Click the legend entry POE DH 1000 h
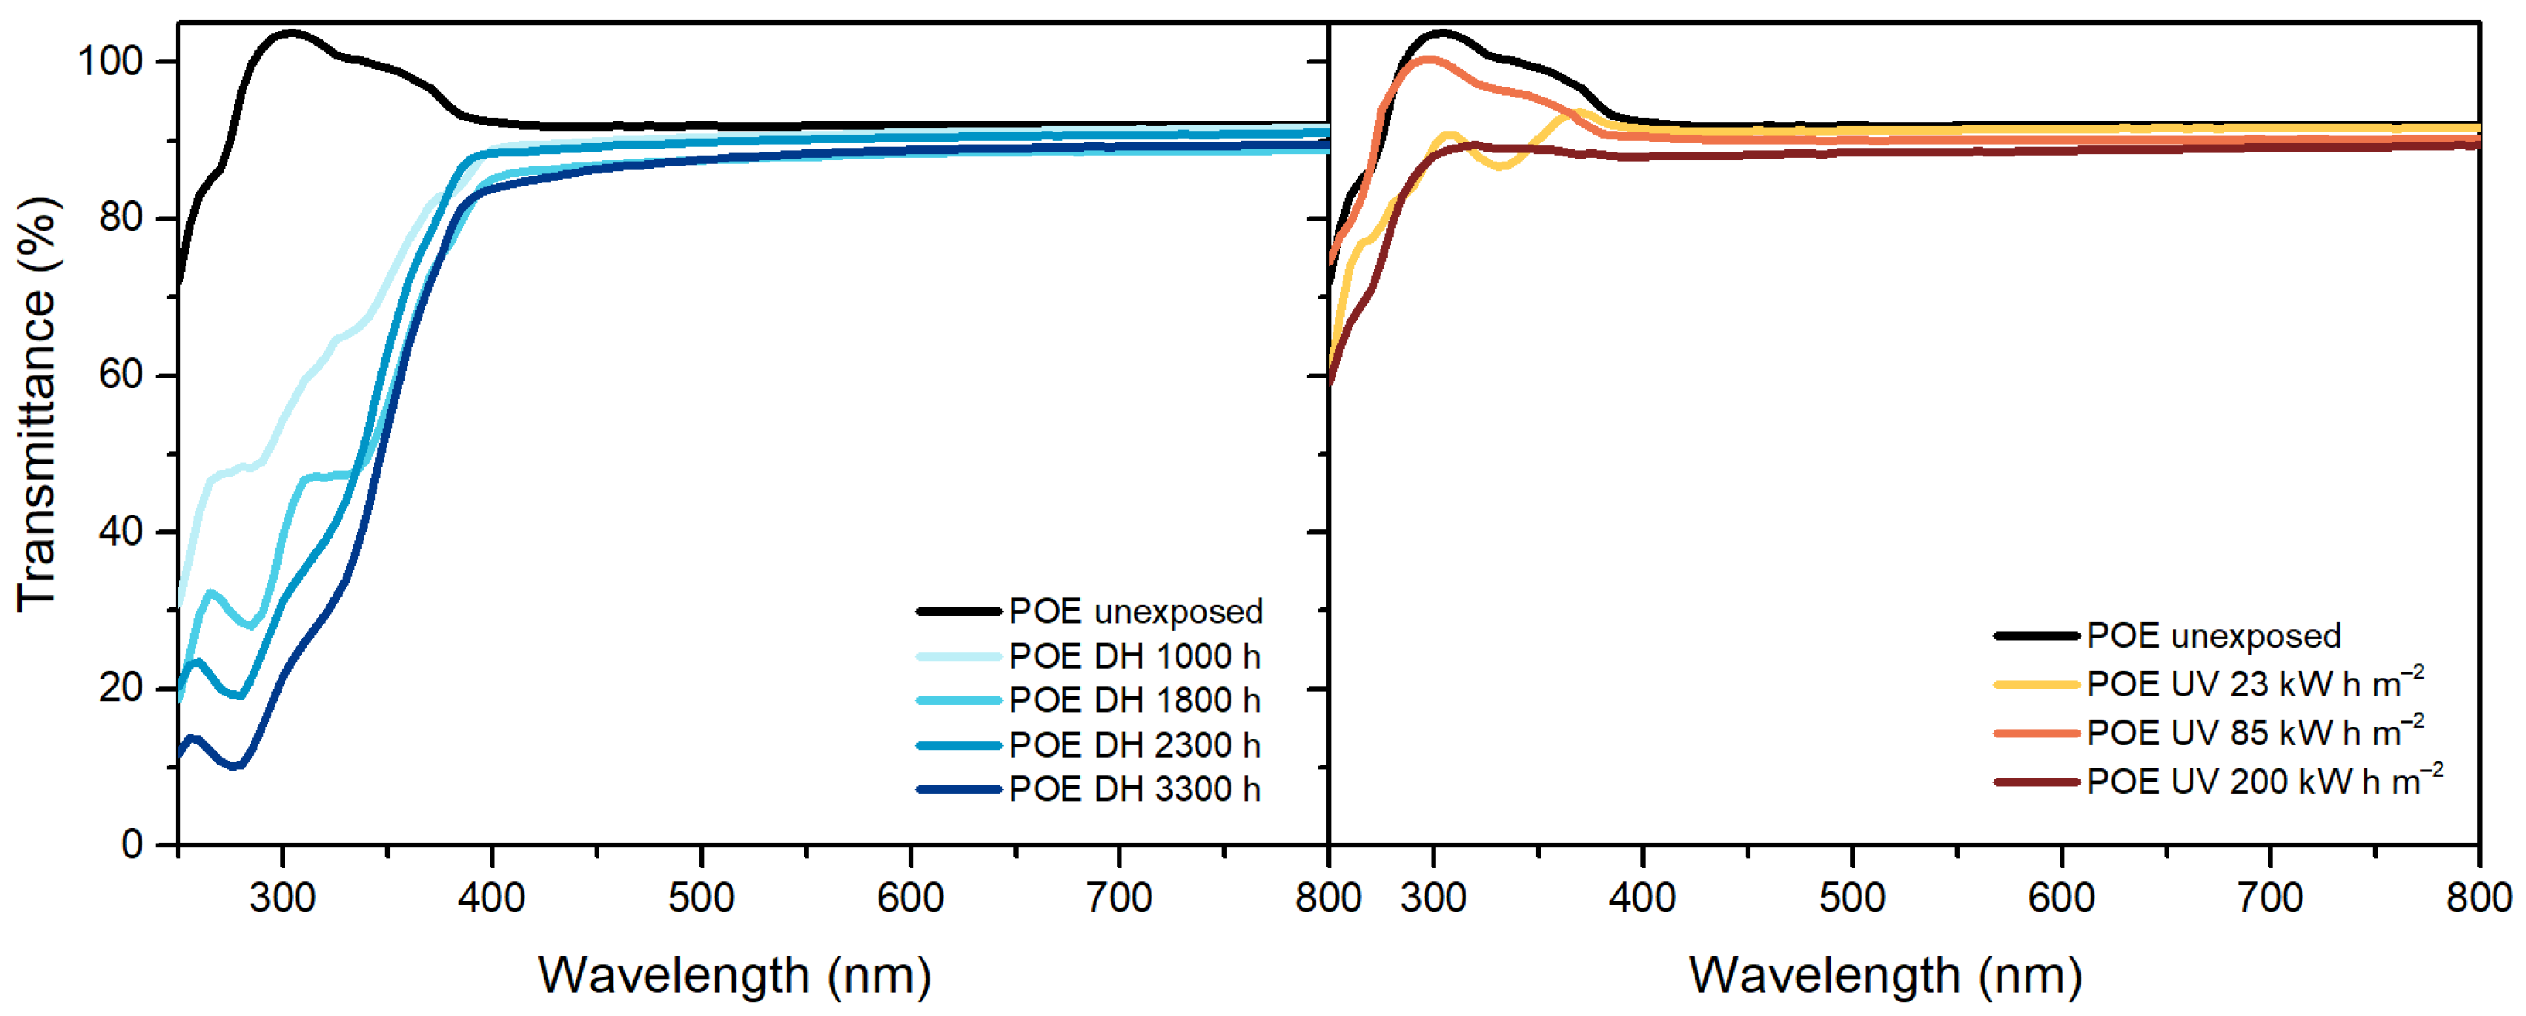point(1134,656)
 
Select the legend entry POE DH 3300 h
point(1134,789)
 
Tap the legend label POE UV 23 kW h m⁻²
point(2254,683)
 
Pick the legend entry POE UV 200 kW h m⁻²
point(2263,782)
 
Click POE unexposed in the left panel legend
point(1135,612)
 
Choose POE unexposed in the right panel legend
point(2214,635)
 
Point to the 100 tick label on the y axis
point(110,61)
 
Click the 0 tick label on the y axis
point(131,844)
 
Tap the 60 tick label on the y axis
point(121,375)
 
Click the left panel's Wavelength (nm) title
point(735,976)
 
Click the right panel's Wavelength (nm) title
point(1885,976)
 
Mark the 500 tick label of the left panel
point(701,898)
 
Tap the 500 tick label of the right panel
point(1852,898)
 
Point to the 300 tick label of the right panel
point(1434,898)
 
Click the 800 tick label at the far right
point(2479,898)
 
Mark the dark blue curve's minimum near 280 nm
point(234,766)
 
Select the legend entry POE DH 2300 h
point(1134,745)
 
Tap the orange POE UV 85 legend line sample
point(2036,733)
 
